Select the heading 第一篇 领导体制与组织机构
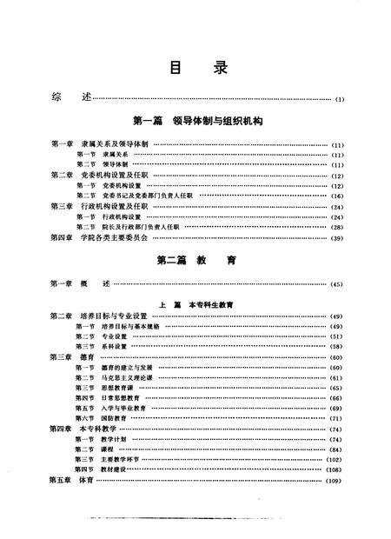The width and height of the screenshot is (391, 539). click(x=195, y=122)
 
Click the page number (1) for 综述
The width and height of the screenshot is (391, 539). click(x=341, y=98)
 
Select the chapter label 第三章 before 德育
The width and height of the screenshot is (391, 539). click(x=61, y=356)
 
